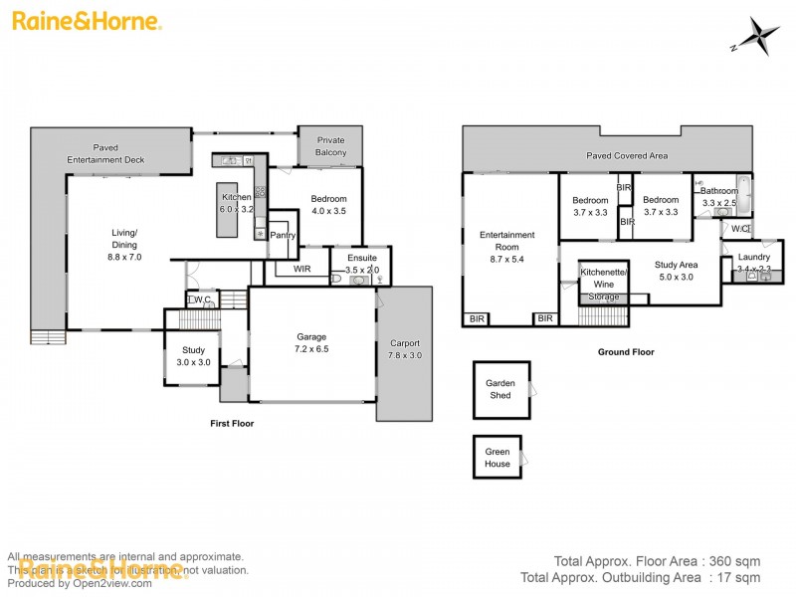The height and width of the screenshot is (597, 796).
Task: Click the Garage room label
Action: click(311, 336)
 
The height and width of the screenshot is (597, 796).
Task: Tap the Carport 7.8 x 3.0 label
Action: click(405, 348)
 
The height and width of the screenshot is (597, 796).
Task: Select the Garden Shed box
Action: click(499, 389)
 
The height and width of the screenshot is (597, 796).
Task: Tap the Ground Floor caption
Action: click(625, 352)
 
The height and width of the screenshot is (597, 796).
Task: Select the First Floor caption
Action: click(232, 423)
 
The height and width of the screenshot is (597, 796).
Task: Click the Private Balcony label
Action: click(330, 146)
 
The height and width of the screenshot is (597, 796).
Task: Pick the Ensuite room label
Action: click(362, 258)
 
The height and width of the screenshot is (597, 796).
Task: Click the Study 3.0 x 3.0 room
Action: click(193, 355)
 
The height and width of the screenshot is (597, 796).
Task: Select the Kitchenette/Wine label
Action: click(601, 278)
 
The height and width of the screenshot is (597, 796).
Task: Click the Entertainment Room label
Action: click(507, 242)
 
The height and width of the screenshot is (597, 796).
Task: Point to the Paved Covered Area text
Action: click(626, 156)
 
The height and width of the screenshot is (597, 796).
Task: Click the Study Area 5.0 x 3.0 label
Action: click(677, 271)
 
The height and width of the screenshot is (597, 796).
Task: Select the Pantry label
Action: click(283, 236)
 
